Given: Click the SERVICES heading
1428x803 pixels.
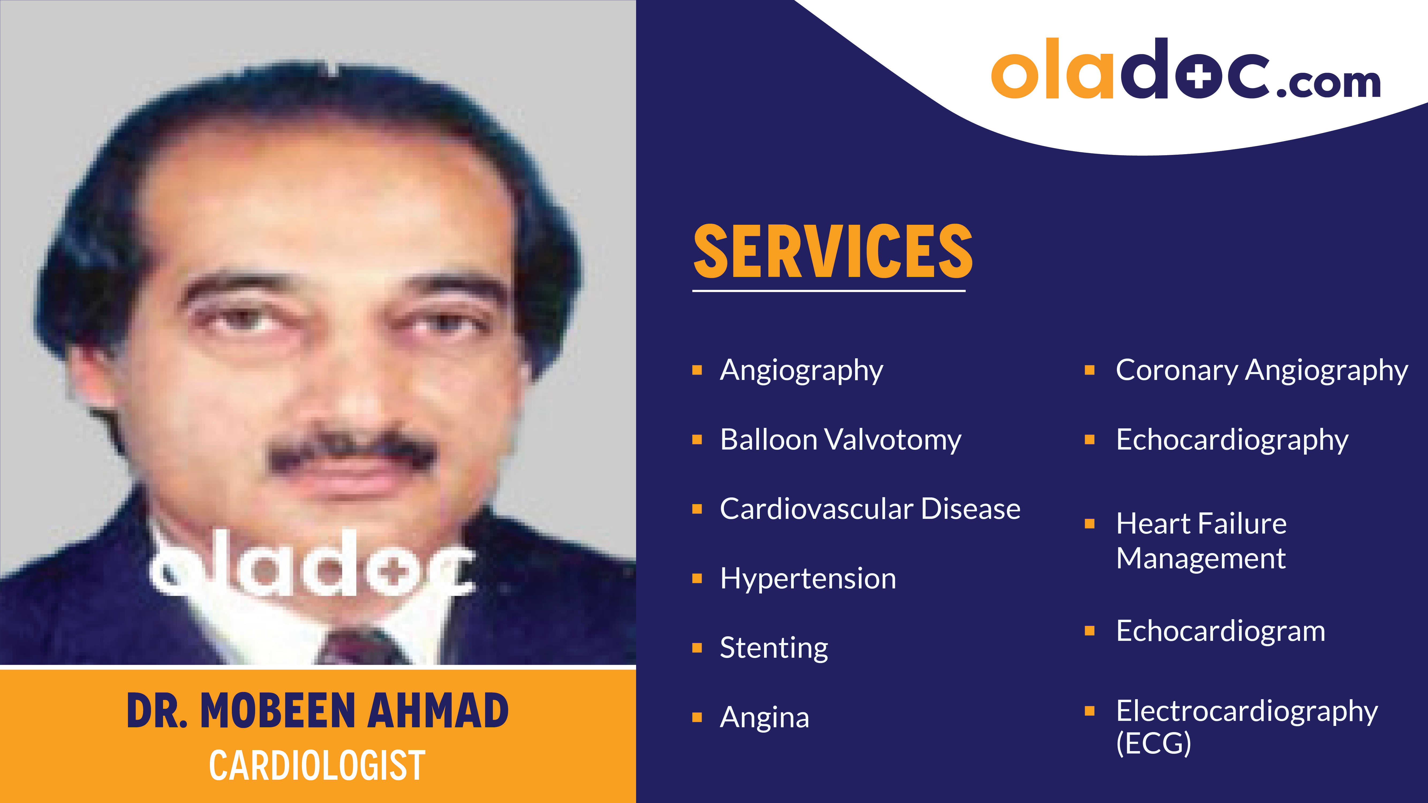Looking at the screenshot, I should pos(833,252).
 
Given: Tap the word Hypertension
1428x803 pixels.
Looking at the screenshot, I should pos(808,579).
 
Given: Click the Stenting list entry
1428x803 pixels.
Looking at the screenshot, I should pos(774,648).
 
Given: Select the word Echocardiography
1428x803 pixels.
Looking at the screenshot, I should pos(1232,440).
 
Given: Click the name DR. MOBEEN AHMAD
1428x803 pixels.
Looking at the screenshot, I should pos(318,711).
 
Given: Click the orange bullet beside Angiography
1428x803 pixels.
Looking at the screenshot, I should pos(697,370).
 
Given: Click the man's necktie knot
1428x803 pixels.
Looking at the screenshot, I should pos(360,648).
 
